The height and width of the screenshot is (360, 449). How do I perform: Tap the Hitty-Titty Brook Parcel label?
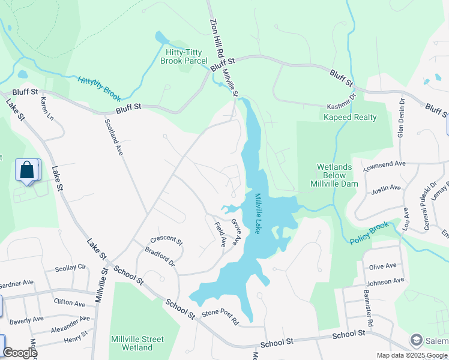pos(186,57)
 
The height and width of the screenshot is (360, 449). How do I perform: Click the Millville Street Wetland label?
pos(137,343)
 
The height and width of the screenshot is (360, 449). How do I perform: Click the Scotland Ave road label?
pos(113,137)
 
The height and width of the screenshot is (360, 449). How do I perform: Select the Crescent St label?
pos(166,239)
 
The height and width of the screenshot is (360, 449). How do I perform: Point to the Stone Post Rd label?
pos(220,317)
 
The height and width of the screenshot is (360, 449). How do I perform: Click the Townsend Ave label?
pos(385,164)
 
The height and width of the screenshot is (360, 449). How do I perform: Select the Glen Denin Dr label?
pos(401,117)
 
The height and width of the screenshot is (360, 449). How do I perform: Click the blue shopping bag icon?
pos(27,170)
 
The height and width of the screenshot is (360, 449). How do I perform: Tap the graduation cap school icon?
pos(415,340)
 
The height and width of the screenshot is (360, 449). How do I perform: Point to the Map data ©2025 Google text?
pos(411,355)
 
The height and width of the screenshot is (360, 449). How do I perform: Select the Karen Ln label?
pos(47,109)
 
